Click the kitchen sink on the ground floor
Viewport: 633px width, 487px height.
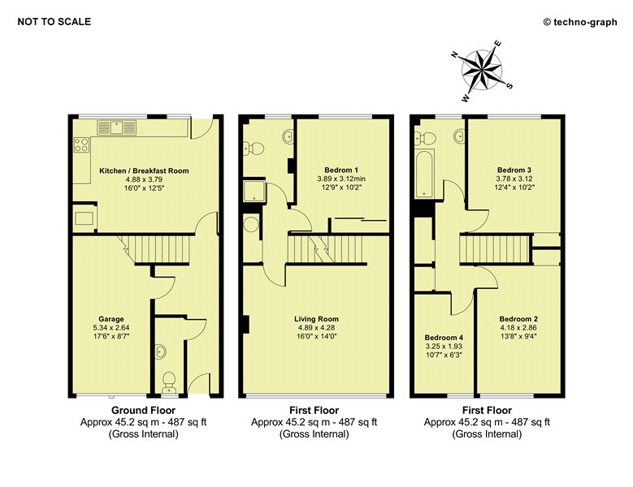pyautogui.click(x=117, y=127)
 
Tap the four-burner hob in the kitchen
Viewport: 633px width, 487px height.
pyautogui.click(x=81, y=145)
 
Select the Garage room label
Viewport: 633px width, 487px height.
pyautogui.click(x=111, y=319)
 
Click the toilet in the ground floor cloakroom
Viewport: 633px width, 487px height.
pyautogui.click(x=169, y=381)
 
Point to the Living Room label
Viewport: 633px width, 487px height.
pyautogui.click(x=317, y=319)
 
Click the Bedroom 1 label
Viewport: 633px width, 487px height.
pyautogui.click(x=341, y=170)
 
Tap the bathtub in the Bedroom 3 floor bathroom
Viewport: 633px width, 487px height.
pyautogui.click(x=425, y=174)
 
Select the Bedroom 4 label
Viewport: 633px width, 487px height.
pyautogui.click(x=444, y=338)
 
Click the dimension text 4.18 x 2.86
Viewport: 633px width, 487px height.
pyautogui.click(x=518, y=328)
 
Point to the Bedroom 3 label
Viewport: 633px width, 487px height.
pyautogui.click(x=514, y=170)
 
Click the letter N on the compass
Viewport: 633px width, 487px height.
pyautogui.click(x=455, y=55)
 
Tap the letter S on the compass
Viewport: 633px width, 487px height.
pyautogui.click(x=509, y=85)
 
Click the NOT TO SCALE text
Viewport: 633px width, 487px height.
pyautogui.click(x=54, y=22)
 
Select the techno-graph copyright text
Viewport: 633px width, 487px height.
pyautogui.click(x=580, y=22)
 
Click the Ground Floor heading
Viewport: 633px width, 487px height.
pyautogui.click(x=143, y=411)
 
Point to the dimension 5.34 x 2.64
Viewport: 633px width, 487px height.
pyautogui.click(x=111, y=328)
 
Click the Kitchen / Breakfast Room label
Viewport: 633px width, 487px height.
pyautogui.click(x=144, y=170)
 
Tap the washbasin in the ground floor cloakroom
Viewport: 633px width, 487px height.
pyautogui.click(x=161, y=351)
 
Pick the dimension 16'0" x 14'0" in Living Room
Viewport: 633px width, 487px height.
pyautogui.click(x=317, y=337)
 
